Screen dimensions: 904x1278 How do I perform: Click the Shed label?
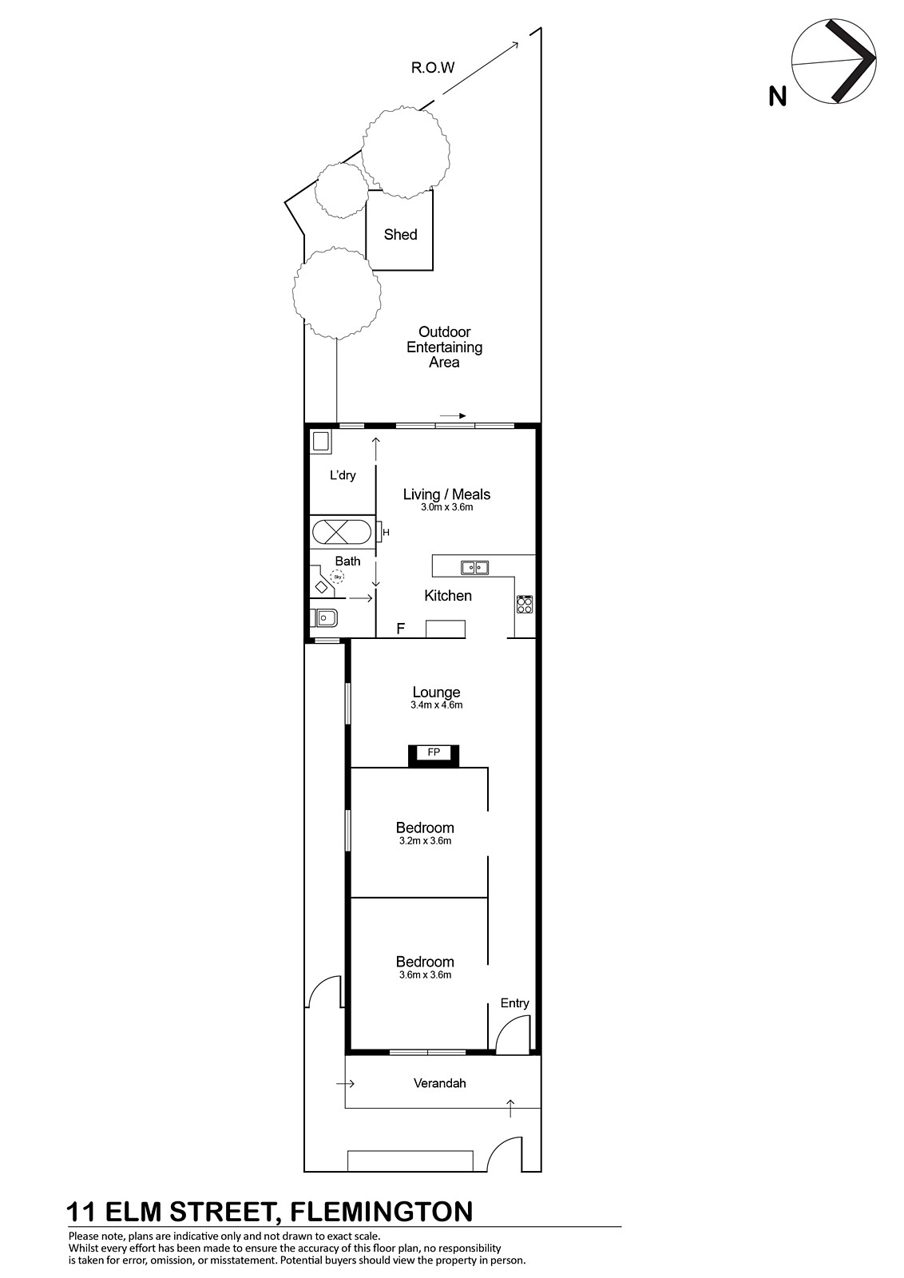click(400, 235)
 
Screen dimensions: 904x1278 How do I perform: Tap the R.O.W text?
click(433, 68)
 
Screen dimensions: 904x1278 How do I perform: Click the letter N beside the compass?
click(777, 96)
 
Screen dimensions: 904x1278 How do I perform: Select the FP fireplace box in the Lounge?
click(434, 756)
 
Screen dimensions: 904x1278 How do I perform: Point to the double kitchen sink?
click(474, 567)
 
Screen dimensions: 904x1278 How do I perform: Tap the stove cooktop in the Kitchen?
click(525, 604)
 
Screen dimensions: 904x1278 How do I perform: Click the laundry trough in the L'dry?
click(320, 443)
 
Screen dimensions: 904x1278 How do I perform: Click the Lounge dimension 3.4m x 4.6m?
click(436, 705)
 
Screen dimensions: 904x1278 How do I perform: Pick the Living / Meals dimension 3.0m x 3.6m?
click(446, 507)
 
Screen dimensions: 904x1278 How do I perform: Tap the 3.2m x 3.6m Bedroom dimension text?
click(425, 841)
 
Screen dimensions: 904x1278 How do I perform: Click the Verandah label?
click(440, 1083)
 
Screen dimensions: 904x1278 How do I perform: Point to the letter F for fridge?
click(401, 629)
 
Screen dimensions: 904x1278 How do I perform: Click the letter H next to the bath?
click(386, 533)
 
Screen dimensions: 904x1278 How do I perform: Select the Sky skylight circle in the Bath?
click(338, 577)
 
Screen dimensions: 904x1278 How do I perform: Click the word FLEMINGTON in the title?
click(382, 1212)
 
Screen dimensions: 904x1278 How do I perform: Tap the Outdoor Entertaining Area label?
click(444, 347)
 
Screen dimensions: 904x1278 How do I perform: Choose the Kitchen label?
click(448, 596)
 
